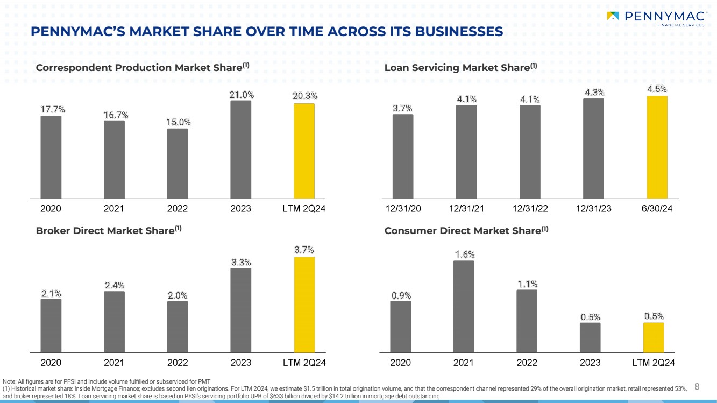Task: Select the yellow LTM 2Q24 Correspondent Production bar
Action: click(x=304, y=151)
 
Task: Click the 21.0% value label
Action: click(x=242, y=95)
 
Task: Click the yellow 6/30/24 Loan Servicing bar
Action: click(x=657, y=147)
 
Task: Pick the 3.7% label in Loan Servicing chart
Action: click(x=402, y=108)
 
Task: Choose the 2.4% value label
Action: click(x=115, y=285)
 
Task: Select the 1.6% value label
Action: click(x=464, y=254)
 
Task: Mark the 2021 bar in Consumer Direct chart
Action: click(x=464, y=306)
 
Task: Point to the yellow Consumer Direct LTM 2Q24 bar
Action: click(x=654, y=337)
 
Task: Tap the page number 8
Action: click(x=697, y=386)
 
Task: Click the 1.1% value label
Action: click(x=527, y=284)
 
